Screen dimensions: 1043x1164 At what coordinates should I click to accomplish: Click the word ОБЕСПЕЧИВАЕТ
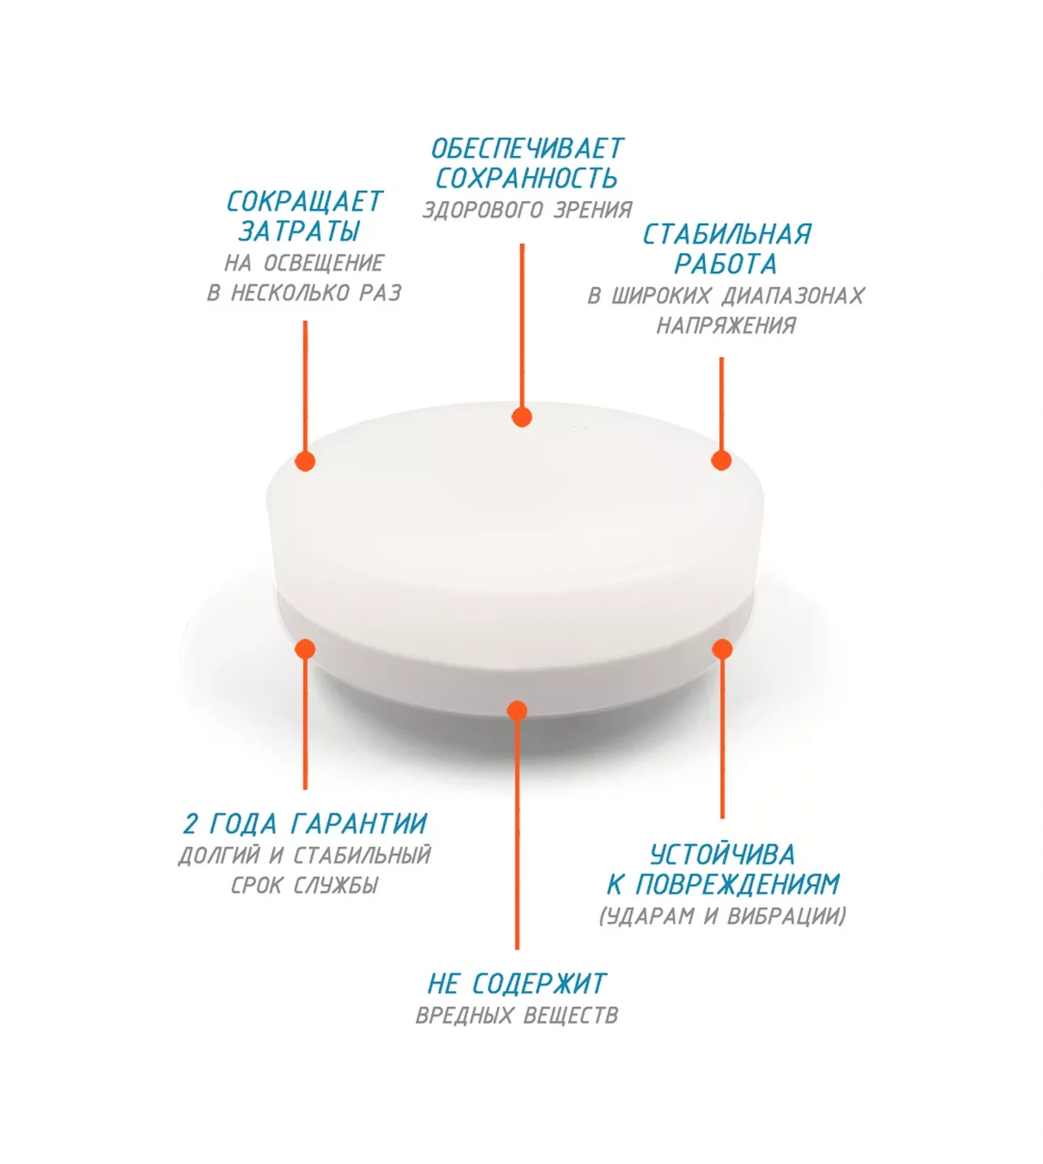point(527,149)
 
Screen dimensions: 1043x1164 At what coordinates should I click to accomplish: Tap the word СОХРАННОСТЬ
point(527,179)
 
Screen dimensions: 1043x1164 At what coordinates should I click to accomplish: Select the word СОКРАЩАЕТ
point(304,202)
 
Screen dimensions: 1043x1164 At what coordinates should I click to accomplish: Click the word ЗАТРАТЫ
point(299,232)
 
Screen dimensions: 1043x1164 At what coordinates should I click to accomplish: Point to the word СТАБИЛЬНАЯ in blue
point(726,235)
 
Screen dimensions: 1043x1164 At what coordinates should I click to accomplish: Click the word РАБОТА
point(726,264)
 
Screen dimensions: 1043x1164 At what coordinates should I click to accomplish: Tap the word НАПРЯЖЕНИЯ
point(726,326)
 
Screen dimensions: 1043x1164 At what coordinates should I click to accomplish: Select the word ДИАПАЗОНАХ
point(793,297)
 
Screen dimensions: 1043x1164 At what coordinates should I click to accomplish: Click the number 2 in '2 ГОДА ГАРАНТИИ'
point(190,825)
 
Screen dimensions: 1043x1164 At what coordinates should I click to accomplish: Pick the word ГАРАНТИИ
point(359,825)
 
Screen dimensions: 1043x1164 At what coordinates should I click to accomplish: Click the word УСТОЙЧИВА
point(722,855)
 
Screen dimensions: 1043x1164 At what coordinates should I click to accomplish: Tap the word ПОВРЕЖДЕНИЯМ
point(738,885)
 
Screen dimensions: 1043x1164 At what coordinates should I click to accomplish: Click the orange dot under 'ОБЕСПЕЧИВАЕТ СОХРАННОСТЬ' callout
point(521,417)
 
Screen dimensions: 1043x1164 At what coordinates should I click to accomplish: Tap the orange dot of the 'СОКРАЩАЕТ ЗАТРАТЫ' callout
point(305,461)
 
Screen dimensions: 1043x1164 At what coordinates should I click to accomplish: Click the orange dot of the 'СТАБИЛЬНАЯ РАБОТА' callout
point(721,460)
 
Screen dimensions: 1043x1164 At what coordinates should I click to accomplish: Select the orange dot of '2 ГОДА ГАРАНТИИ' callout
point(305,649)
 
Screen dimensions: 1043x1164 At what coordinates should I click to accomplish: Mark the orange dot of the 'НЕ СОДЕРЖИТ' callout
point(517,711)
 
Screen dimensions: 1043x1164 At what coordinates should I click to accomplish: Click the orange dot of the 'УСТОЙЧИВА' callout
point(722,649)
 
